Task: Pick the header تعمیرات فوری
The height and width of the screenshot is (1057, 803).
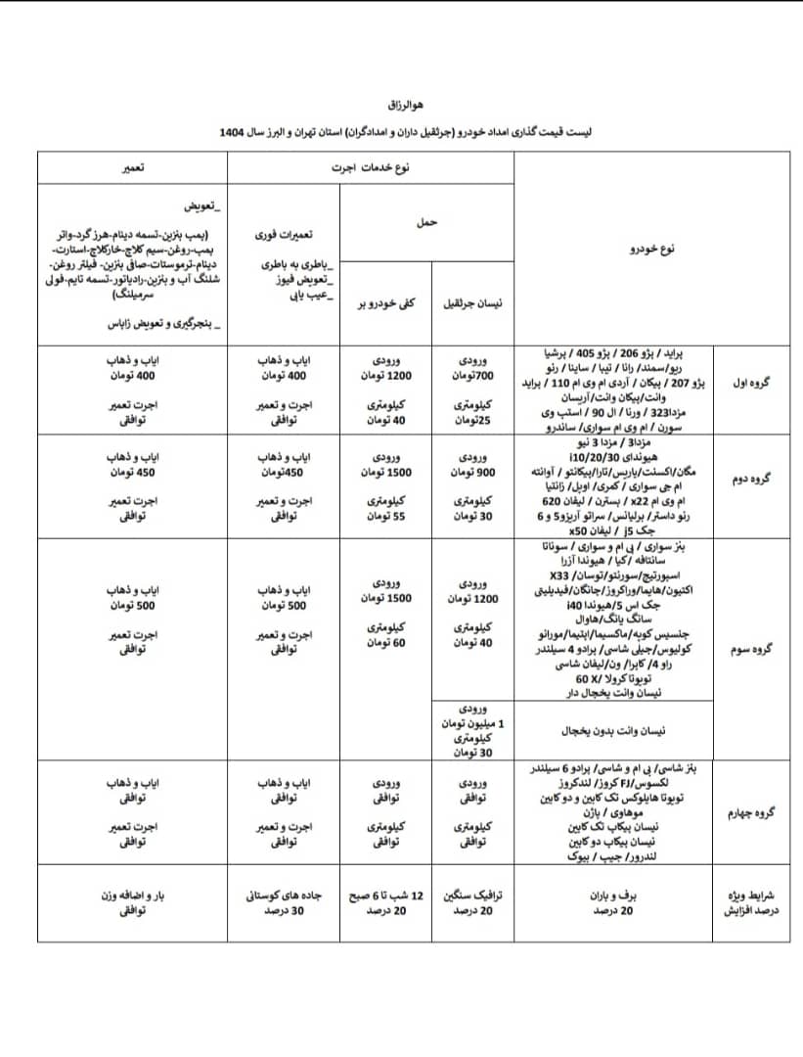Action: point(284,236)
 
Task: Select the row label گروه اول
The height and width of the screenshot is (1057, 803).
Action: point(751,384)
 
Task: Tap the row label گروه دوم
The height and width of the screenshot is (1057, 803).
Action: point(751,481)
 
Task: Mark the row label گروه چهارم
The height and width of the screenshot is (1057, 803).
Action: point(751,812)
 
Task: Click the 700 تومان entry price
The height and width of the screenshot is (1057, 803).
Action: point(472,376)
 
